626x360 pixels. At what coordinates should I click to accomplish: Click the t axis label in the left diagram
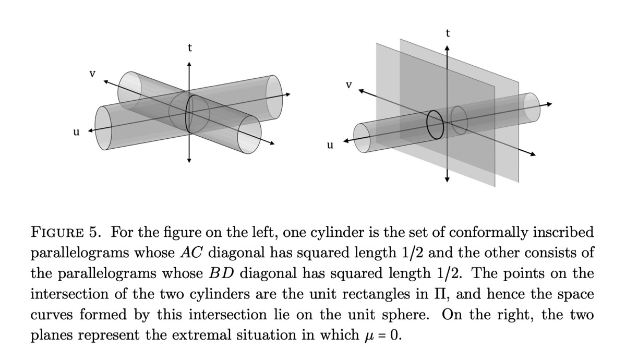pos(189,48)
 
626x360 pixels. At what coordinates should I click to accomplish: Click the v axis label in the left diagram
pos(92,74)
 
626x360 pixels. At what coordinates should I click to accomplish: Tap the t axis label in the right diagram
pos(447,33)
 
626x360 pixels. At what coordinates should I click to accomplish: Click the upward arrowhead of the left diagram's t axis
pos(189,64)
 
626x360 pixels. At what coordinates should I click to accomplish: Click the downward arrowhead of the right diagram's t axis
pos(447,179)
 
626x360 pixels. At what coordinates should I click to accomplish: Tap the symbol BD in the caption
pos(222,273)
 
